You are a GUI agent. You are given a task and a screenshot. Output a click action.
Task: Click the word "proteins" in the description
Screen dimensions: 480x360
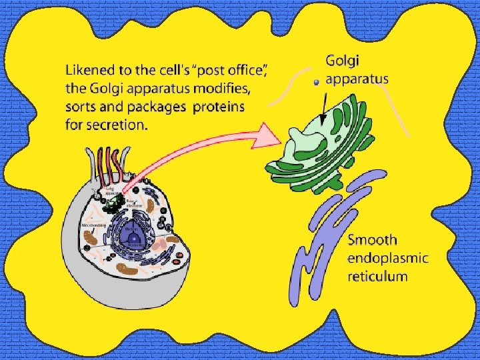tap(219, 107)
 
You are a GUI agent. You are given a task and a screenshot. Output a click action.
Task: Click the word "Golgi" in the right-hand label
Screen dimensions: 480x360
tap(343, 61)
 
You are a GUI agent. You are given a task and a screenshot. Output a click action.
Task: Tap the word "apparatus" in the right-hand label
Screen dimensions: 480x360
tap(357, 79)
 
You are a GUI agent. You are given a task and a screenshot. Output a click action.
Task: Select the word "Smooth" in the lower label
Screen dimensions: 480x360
tap(373, 240)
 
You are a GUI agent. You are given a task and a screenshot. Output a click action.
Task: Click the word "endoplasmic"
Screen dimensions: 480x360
tap(388, 258)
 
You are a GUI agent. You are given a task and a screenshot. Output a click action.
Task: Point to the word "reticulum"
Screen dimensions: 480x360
tap(377, 276)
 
